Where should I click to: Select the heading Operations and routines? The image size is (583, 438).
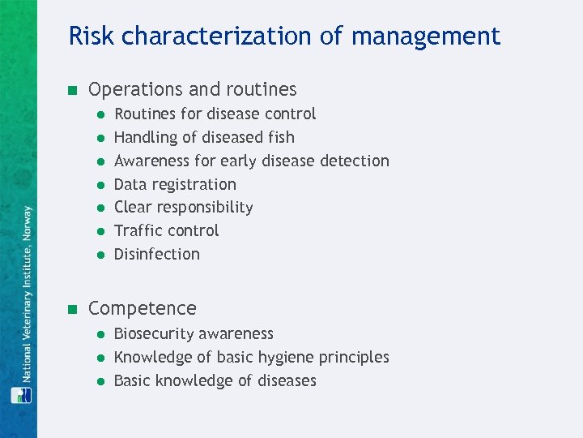192,89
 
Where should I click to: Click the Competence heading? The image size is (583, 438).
142,308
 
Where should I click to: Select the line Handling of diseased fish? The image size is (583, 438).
204,137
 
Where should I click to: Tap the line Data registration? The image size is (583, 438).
175,184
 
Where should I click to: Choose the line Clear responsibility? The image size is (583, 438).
183,207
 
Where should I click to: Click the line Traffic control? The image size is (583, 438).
166,230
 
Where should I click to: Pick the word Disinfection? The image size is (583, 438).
156,254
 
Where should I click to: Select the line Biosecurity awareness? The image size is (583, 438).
194,333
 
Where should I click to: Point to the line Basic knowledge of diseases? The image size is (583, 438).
215,380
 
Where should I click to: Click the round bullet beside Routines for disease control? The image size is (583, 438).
98,114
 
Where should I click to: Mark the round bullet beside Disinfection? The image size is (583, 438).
98,255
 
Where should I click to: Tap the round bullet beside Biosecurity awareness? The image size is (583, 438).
98,334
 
